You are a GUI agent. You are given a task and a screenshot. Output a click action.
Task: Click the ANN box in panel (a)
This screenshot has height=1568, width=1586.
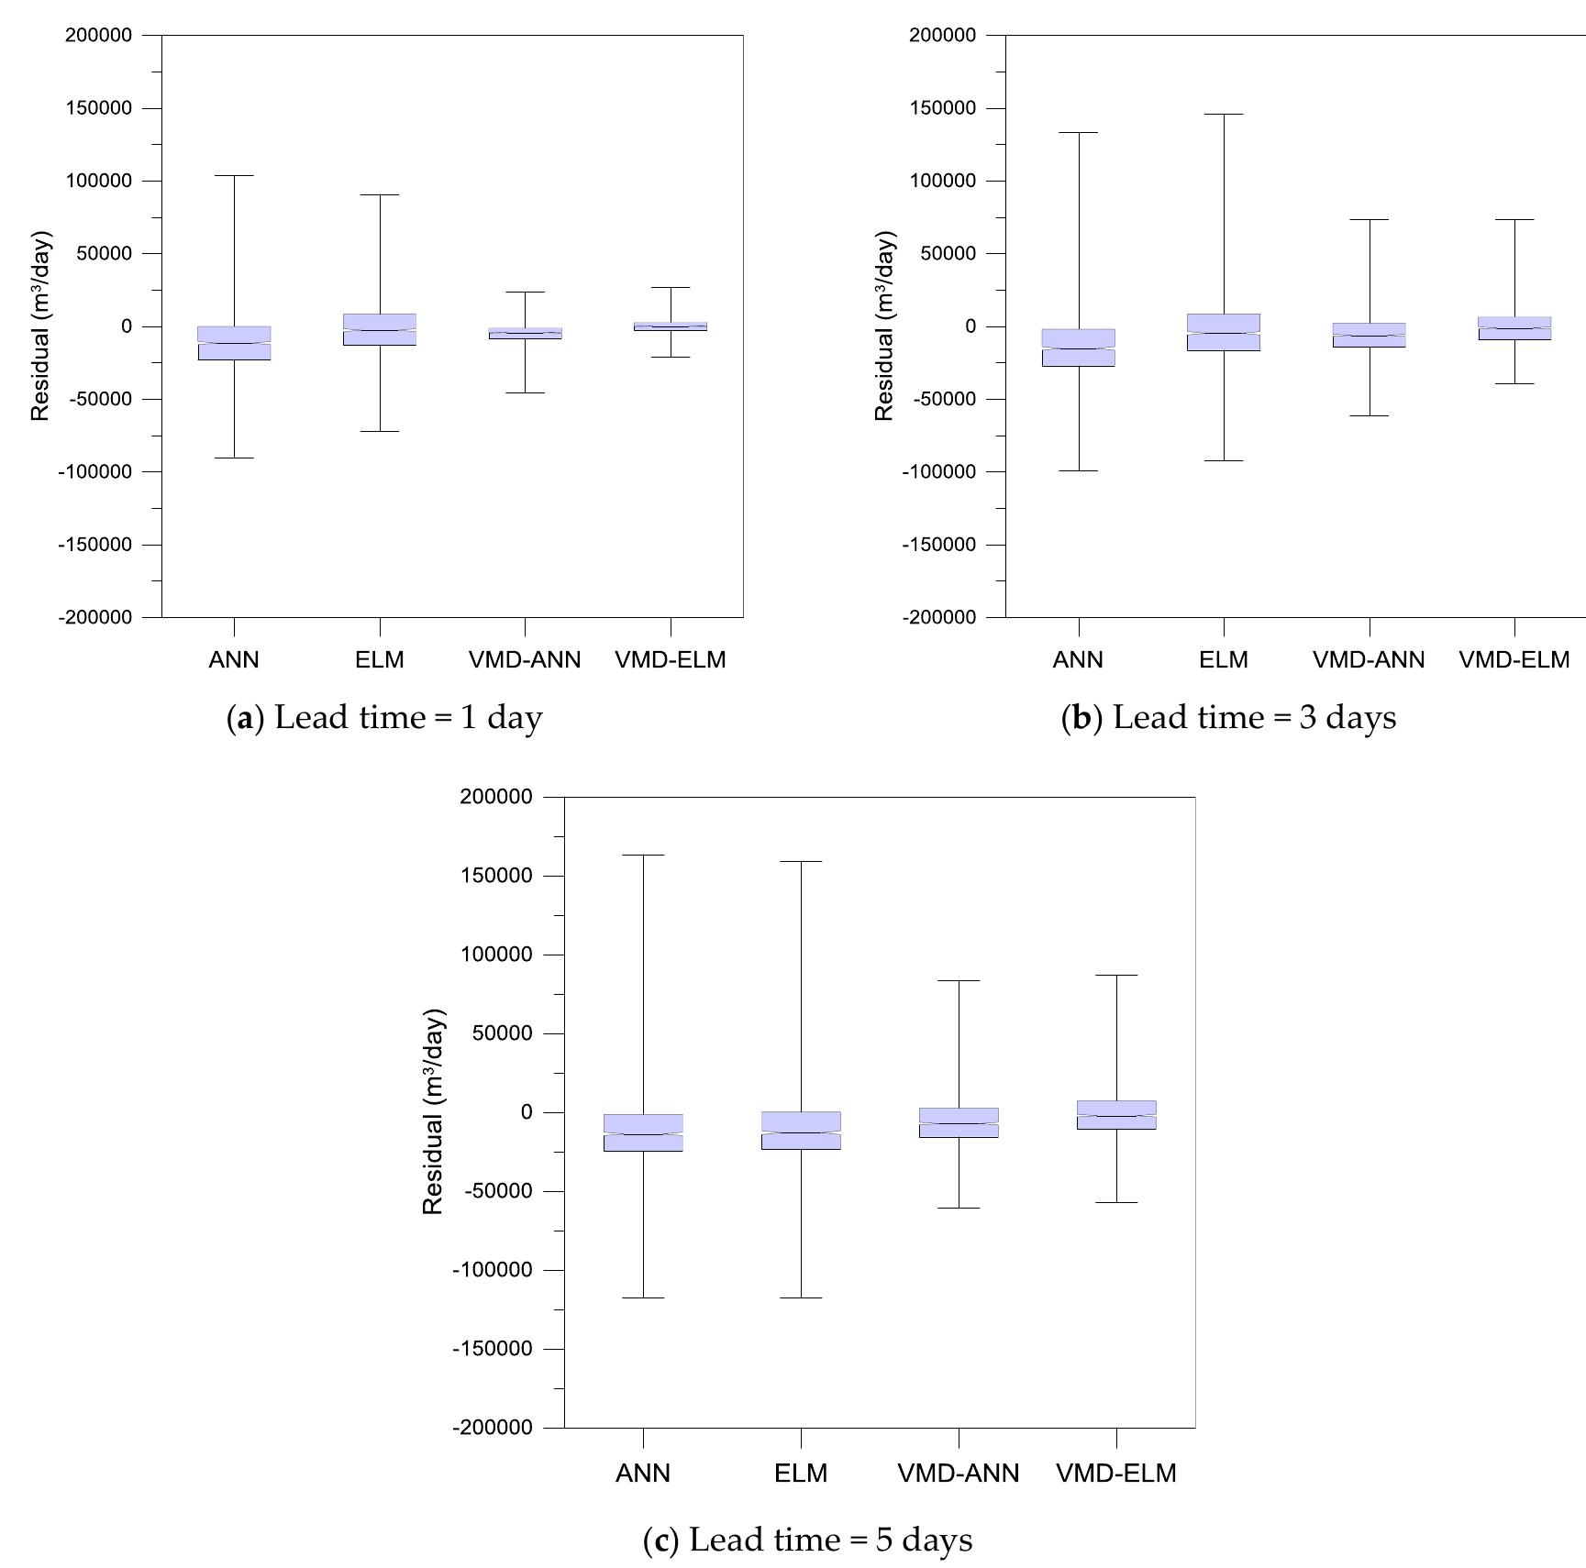pyautogui.click(x=234, y=343)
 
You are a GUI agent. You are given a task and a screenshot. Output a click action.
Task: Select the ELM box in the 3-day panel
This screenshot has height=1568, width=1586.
pyautogui.click(x=1224, y=332)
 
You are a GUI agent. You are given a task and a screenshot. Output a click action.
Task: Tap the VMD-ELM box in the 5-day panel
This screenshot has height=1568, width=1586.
pyautogui.click(x=1116, y=1114)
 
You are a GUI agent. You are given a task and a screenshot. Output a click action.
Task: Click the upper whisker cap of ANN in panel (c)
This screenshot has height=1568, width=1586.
pyautogui.click(x=643, y=855)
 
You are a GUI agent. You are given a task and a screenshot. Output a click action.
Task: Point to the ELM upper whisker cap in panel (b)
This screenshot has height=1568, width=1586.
pyautogui.click(x=1224, y=115)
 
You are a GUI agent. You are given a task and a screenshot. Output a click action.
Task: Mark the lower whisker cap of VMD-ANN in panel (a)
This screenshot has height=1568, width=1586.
pyautogui.click(x=525, y=392)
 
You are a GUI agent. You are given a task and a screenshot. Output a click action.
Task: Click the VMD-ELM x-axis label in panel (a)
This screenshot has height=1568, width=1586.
pyautogui.click(x=671, y=659)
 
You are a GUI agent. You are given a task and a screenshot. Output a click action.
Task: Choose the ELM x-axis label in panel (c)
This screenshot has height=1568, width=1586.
pyautogui.click(x=801, y=1473)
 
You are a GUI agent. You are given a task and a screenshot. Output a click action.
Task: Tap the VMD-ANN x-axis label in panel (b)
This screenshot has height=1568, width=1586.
pyautogui.click(x=1369, y=659)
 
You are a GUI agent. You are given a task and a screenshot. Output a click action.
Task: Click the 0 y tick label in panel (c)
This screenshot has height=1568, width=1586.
pyautogui.click(x=526, y=1112)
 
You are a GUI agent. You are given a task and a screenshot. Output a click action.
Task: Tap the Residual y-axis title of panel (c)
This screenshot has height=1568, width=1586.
pyautogui.click(x=433, y=1111)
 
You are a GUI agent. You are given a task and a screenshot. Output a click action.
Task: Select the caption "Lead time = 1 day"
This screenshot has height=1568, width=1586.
pyautogui.click(x=407, y=717)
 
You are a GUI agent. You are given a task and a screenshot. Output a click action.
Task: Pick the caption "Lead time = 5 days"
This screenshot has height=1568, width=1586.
pyautogui.click(x=829, y=1540)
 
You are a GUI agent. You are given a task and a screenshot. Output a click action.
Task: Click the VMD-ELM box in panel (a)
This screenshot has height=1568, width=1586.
pyautogui.click(x=671, y=326)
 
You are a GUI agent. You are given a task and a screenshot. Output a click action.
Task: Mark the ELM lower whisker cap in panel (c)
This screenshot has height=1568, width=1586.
pyautogui.click(x=801, y=1297)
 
